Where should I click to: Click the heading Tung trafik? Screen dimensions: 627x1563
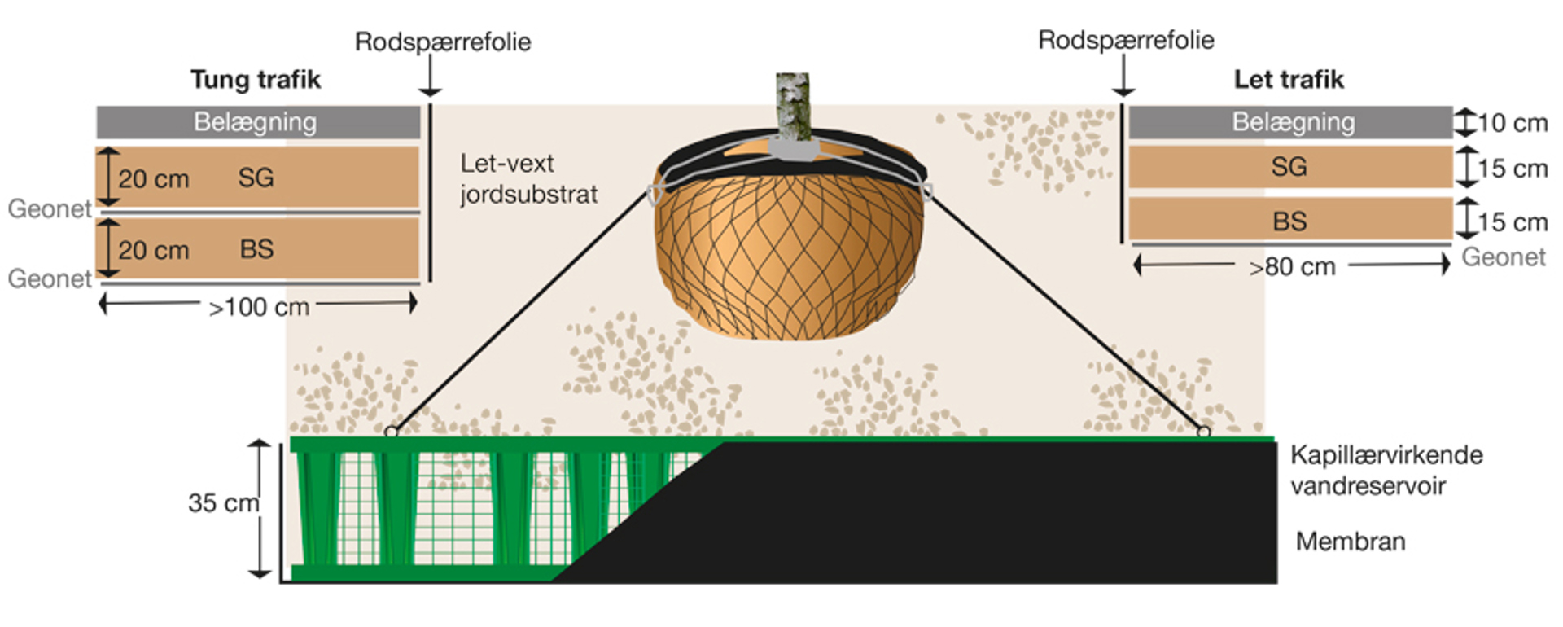pyautogui.click(x=256, y=80)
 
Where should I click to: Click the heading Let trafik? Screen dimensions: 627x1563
pyautogui.click(x=1289, y=80)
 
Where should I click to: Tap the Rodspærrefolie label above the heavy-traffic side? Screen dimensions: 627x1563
pyautogui.click(x=443, y=42)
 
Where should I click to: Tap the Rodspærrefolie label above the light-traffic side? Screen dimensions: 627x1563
pyautogui.click(x=1126, y=40)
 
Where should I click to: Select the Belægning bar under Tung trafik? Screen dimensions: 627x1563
pyautogui.click(x=258, y=122)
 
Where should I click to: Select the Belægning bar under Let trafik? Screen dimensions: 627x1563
pyautogui.click(x=1290, y=122)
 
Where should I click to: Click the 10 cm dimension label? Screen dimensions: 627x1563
pyautogui.click(x=1512, y=123)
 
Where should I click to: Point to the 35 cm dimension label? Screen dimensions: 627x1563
pyautogui.click(x=223, y=503)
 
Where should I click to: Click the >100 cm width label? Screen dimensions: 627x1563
pyautogui.click(x=259, y=308)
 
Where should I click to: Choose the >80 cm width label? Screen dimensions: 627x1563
pyautogui.click(x=1292, y=266)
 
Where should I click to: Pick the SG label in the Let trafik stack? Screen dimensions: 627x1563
pyautogui.click(x=1289, y=167)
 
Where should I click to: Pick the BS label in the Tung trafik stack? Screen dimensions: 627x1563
pyautogui.click(x=256, y=249)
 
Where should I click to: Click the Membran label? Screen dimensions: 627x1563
pyautogui.click(x=1351, y=541)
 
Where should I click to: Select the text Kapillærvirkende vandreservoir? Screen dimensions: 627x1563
pyautogui.click(x=1386, y=471)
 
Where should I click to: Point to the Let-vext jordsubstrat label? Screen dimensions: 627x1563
pyautogui.click(x=528, y=179)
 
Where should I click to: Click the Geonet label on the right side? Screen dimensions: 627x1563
pyautogui.click(x=1503, y=257)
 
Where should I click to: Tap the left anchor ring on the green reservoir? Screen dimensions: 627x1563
pyautogui.click(x=392, y=432)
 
